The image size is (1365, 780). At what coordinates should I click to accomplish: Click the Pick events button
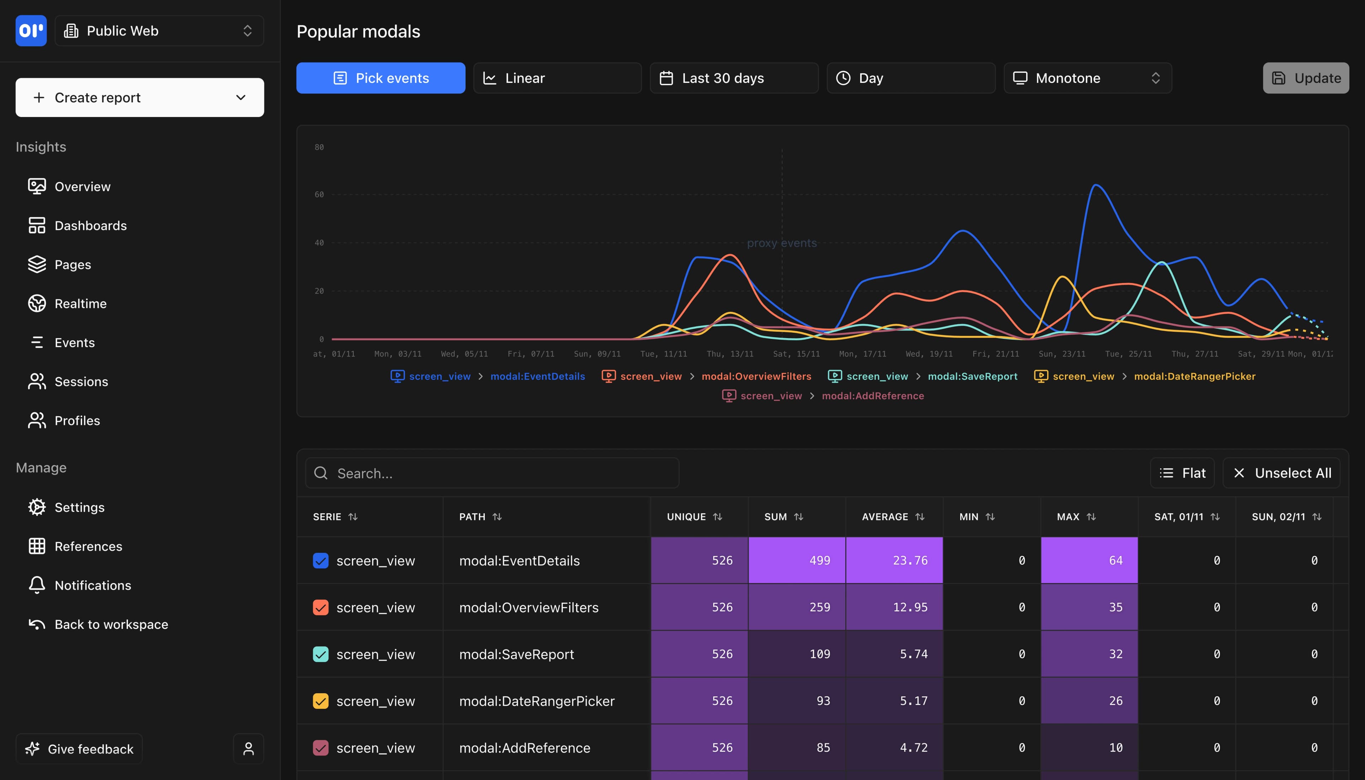click(381, 78)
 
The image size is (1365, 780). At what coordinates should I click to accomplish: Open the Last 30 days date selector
click(734, 78)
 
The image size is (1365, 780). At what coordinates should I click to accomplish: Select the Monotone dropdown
click(1087, 78)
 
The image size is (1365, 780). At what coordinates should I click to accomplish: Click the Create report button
click(139, 97)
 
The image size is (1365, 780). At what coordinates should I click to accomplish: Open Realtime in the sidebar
click(80, 304)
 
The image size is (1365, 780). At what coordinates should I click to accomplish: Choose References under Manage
click(89, 546)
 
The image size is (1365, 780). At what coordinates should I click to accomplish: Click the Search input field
click(493, 473)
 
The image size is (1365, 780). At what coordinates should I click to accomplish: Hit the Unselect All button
click(1281, 473)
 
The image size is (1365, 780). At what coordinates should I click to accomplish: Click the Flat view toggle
click(1182, 473)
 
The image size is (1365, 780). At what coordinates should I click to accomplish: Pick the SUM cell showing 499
click(797, 560)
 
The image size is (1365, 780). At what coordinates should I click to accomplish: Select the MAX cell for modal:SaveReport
click(1089, 654)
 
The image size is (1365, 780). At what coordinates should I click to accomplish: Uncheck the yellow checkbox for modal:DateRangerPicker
click(321, 701)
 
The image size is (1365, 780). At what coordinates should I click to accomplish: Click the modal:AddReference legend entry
click(872, 396)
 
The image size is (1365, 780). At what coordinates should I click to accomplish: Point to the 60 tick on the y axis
click(319, 194)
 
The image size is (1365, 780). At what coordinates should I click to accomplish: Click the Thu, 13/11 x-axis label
click(730, 354)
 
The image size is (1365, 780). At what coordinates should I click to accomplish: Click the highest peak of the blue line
click(1096, 185)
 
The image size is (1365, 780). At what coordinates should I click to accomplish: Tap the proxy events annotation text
click(782, 243)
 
